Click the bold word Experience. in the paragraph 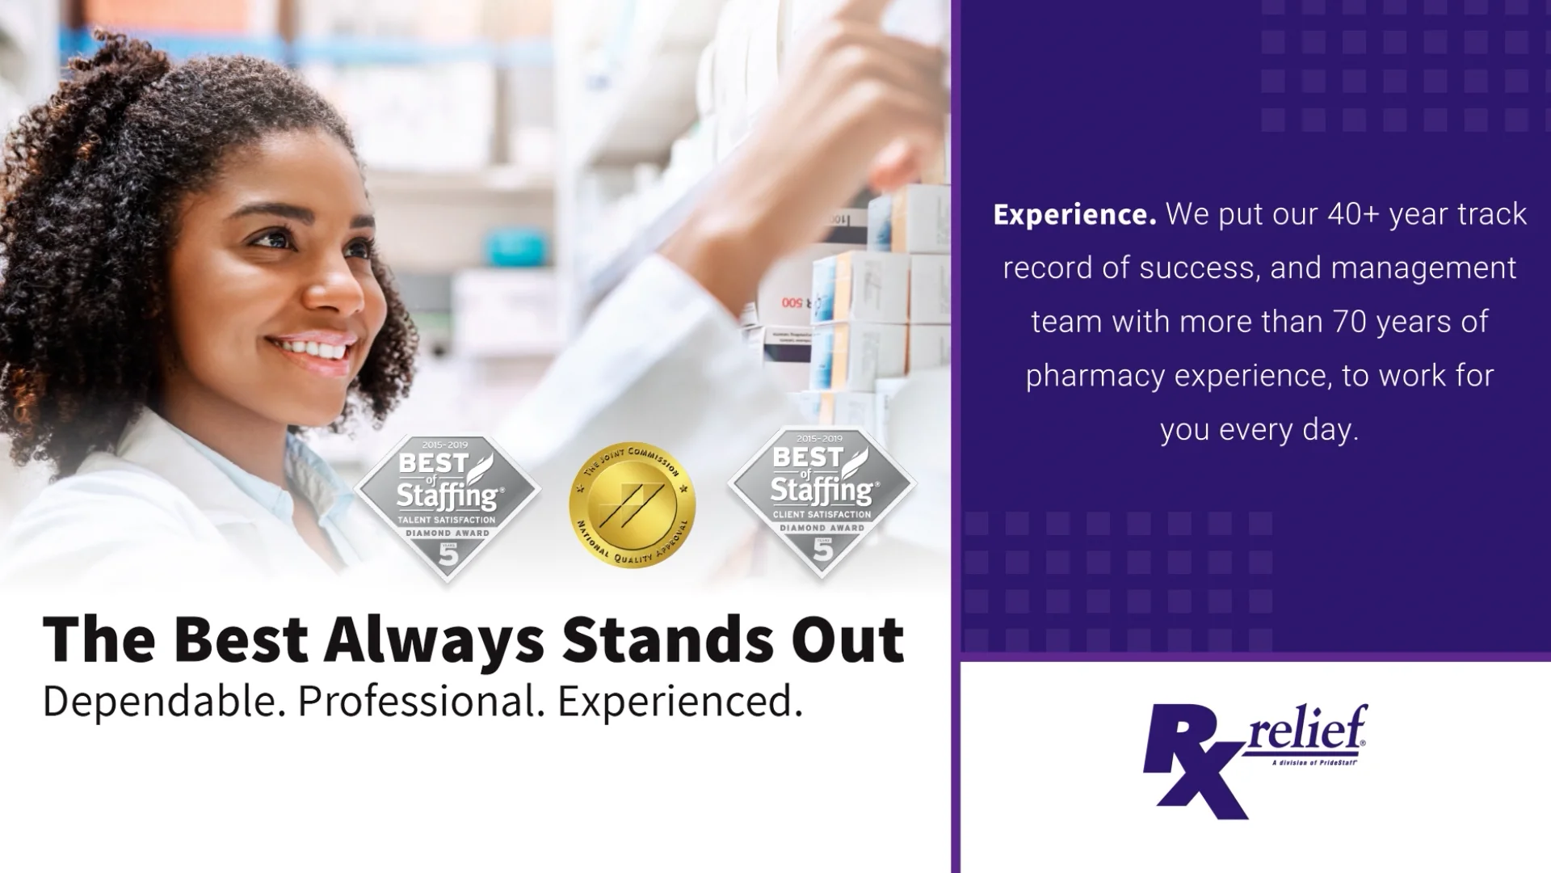coord(1074,215)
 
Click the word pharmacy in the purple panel coord(1095,376)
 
